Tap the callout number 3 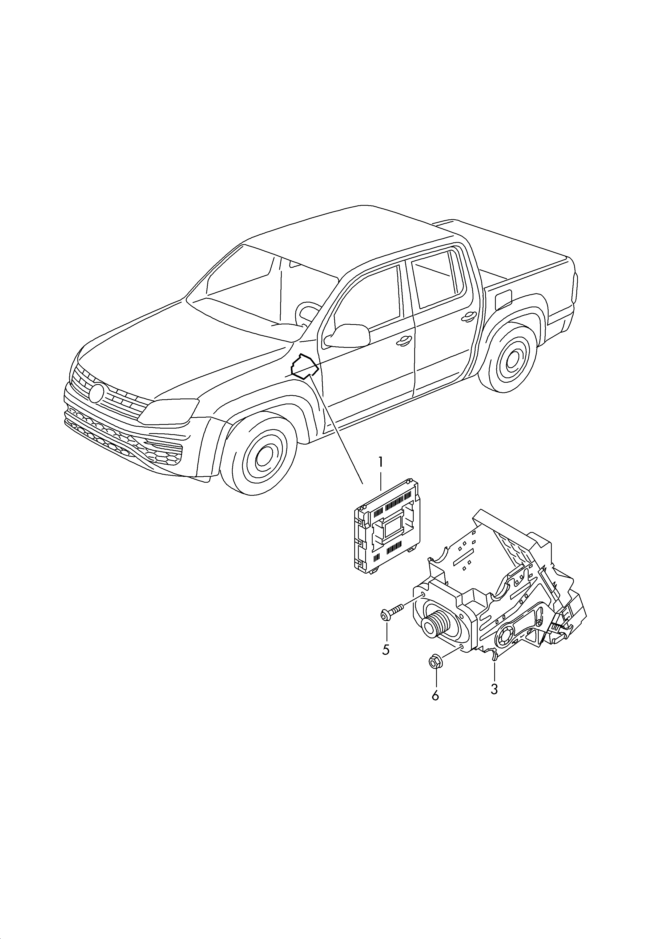494,689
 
